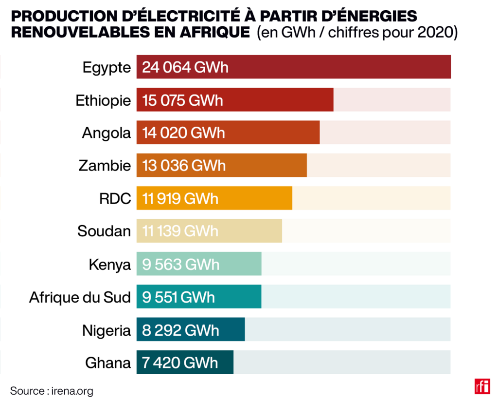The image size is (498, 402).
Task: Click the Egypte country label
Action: [x=107, y=67]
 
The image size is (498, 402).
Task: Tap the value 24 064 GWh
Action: [x=185, y=67]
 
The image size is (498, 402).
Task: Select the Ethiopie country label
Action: [x=103, y=100]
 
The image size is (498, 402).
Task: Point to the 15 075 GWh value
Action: [x=182, y=100]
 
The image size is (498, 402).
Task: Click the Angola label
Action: [x=107, y=133]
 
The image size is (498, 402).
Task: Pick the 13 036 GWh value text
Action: [x=184, y=166]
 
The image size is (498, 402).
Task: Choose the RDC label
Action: [x=115, y=198]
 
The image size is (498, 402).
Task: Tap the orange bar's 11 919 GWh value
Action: [x=180, y=198]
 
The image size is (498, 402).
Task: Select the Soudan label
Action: [x=104, y=231]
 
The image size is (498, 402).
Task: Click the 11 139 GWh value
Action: [x=180, y=231]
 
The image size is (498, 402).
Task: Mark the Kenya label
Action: [x=110, y=264]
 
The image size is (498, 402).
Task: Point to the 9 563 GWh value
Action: [x=180, y=264]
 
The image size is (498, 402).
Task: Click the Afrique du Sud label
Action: [x=80, y=297]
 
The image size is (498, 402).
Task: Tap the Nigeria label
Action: [x=107, y=330]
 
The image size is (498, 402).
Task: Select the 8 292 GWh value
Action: [x=180, y=330]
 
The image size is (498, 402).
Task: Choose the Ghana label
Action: [x=108, y=363]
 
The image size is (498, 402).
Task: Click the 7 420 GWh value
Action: [x=180, y=363]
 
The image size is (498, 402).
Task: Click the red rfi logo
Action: [x=482, y=386]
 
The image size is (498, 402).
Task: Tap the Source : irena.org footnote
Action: [x=52, y=391]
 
